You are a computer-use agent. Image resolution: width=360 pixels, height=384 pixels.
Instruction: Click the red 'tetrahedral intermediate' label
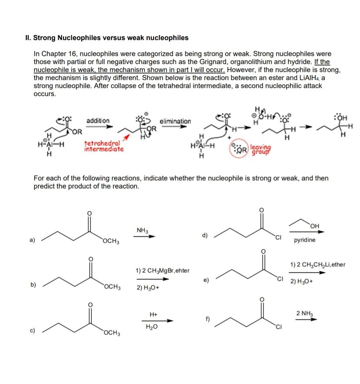coord(104,146)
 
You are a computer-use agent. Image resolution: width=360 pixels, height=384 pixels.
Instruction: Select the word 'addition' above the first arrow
coord(98,120)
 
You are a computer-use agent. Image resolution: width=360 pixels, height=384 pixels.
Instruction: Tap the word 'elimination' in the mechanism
coord(175,121)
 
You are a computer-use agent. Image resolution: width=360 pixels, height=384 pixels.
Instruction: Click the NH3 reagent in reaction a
coord(142,230)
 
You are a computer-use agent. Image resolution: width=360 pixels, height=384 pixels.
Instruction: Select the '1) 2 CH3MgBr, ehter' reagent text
coord(162,271)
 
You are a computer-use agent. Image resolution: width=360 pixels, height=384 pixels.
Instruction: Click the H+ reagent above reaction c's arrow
coord(153,314)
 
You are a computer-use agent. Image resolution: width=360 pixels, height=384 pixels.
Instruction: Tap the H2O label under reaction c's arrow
coord(152,327)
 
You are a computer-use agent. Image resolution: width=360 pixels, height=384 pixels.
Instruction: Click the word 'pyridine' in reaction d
coord(304,240)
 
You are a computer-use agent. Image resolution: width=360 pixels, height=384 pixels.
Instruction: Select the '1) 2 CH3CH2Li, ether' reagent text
coord(318,265)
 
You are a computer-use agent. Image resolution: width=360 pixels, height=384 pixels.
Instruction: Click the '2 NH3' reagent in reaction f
coord(305,313)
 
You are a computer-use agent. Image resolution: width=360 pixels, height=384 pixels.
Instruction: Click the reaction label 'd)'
coord(205,236)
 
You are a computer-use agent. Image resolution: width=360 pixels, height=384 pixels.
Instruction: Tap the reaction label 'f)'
coord(207,319)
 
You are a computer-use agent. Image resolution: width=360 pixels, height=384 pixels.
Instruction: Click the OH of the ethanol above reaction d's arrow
coord(314,226)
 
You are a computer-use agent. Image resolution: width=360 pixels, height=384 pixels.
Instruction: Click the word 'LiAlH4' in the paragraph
coord(309,78)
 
